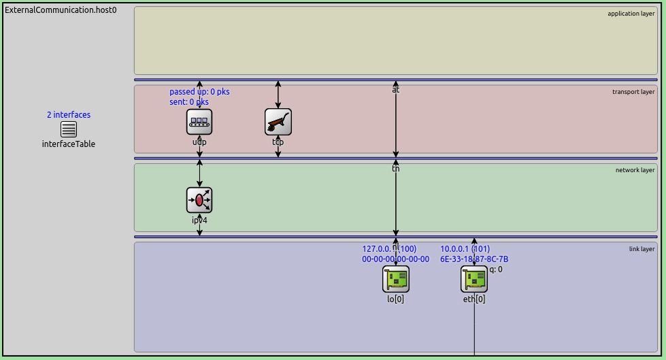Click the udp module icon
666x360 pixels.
pos(199,122)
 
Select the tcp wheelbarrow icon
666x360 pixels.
pos(278,122)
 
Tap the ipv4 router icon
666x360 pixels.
pos(199,200)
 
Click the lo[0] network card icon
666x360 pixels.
pos(396,279)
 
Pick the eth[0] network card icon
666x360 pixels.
pos(474,279)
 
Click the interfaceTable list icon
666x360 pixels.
pos(69,129)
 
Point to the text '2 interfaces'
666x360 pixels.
pos(69,115)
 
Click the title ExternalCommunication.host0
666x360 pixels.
pos(61,10)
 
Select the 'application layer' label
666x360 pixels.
pos(631,14)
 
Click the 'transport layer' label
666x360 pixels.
pos(633,92)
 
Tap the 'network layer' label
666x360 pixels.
pos(635,170)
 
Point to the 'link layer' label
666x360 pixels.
pos(642,249)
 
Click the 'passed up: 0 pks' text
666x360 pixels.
pos(199,92)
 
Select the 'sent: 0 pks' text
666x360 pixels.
pos(189,102)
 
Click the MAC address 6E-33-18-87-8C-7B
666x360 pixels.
pos(474,259)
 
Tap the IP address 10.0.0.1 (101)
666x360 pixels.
pos(465,249)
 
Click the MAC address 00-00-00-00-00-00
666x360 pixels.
pos(396,259)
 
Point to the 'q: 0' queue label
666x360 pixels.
pos(496,269)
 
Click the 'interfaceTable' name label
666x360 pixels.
pos(69,144)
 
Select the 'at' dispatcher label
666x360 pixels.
pos(396,89)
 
